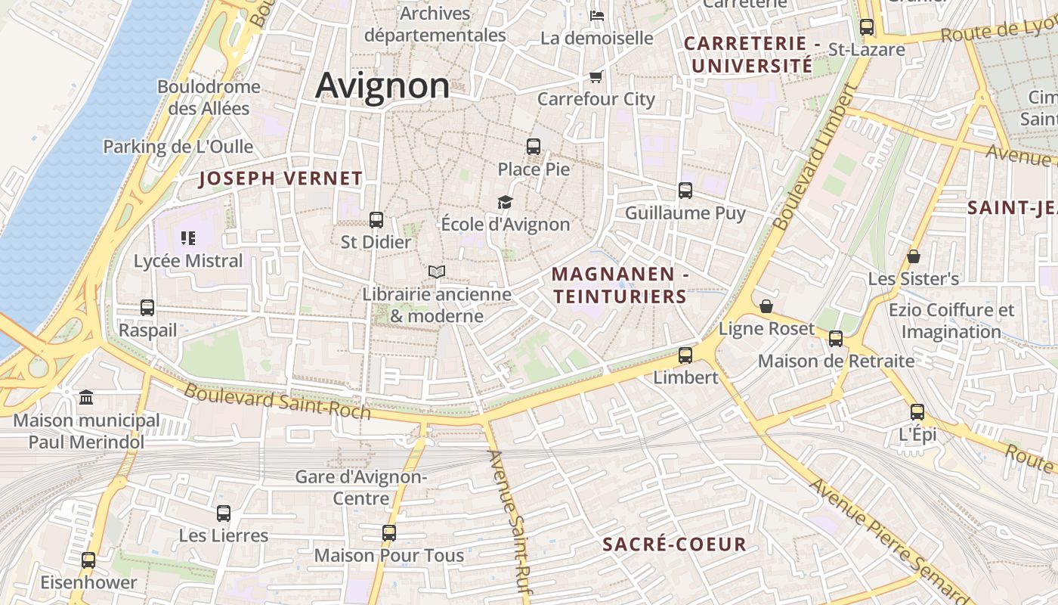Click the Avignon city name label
click(382, 85)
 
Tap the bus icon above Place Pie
click(534, 147)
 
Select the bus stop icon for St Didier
click(376, 220)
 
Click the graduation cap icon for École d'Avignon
click(505, 202)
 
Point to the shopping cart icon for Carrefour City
click(596, 77)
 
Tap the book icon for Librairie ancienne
click(436, 271)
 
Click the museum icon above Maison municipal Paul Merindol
click(86, 397)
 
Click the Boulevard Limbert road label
click(816, 157)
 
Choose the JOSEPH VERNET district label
click(280, 179)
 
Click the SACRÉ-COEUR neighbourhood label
click(674, 544)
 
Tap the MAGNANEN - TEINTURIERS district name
click(619, 285)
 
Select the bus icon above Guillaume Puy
click(685, 191)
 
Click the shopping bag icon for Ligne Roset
click(766, 306)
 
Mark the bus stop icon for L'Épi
click(917, 412)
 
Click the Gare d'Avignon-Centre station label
click(361, 488)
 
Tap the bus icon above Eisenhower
click(88, 560)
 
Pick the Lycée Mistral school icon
click(188, 239)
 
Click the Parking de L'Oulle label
click(178, 147)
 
